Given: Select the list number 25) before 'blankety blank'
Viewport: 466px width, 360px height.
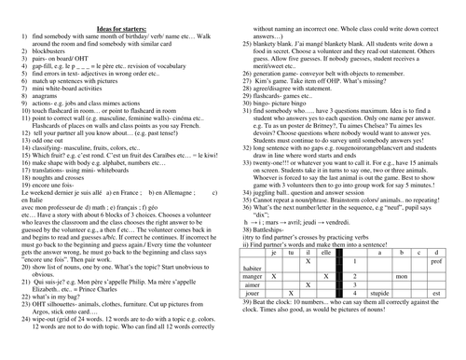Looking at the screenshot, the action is pos(246,35).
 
